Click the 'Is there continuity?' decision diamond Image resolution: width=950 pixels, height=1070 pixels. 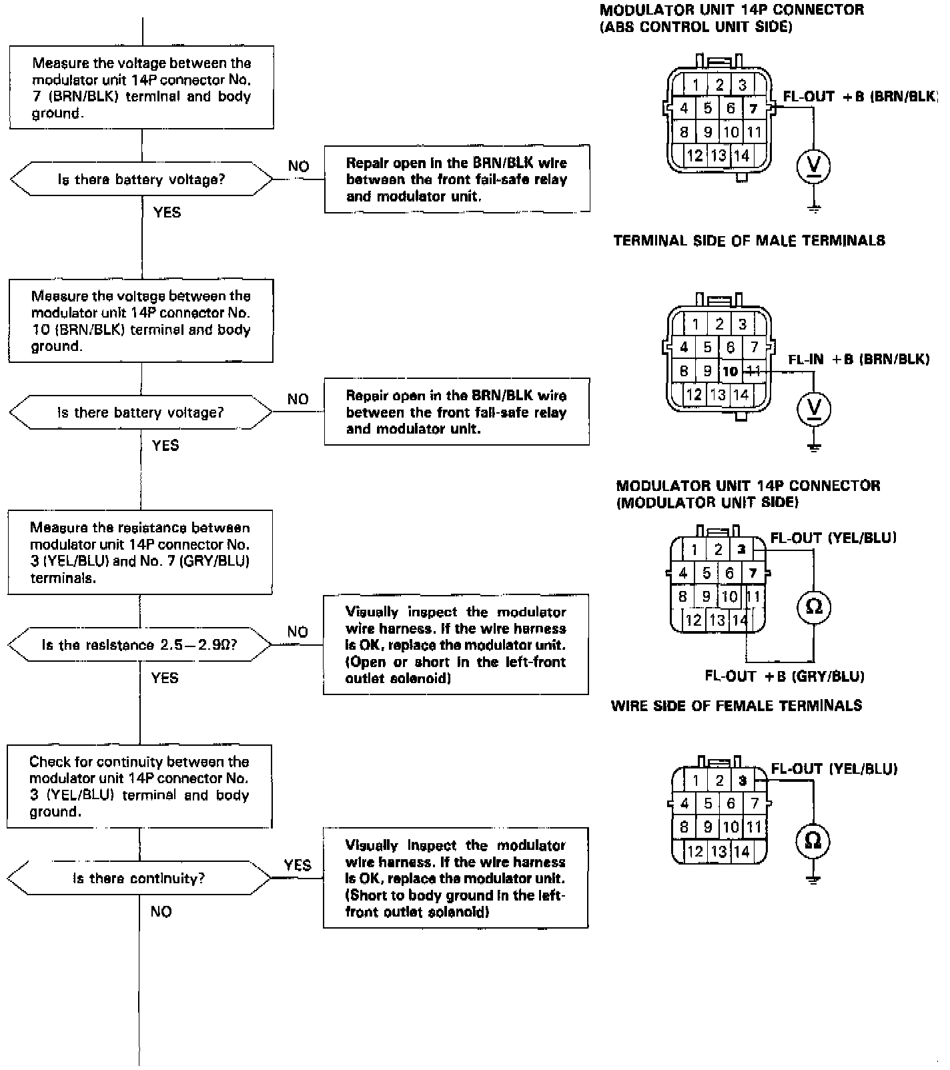point(139,878)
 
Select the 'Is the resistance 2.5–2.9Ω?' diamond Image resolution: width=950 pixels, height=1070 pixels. point(139,645)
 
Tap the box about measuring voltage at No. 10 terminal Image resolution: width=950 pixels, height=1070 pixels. point(141,321)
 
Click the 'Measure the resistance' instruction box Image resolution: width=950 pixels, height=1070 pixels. point(140,552)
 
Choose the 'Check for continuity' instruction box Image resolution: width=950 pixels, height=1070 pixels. point(139,786)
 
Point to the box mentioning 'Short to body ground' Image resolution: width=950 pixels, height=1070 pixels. point(456,878)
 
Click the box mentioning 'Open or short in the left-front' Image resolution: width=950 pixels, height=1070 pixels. point(456,644)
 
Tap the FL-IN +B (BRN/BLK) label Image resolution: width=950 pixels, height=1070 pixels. point(859,360)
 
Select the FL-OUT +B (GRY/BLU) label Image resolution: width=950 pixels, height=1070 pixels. point(785,676)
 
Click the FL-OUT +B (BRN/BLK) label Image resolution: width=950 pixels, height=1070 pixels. point(859,96)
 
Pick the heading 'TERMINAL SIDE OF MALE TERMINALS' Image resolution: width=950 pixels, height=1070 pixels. point(749,241)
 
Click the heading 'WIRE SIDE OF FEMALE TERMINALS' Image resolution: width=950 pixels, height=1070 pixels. point(737,706)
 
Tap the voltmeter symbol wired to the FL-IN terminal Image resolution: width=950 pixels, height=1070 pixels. point(814,408)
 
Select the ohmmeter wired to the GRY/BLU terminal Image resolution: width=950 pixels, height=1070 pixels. point(814,606)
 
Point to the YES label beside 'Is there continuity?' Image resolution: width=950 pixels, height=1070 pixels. point(297,865)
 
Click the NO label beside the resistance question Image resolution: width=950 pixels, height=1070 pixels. point(298,632)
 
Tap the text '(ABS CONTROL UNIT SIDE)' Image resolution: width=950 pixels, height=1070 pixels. point(696,27)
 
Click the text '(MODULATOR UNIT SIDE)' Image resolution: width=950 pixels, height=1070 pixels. point(707,503)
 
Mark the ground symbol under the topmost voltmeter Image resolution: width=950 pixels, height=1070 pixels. point(814,209)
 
